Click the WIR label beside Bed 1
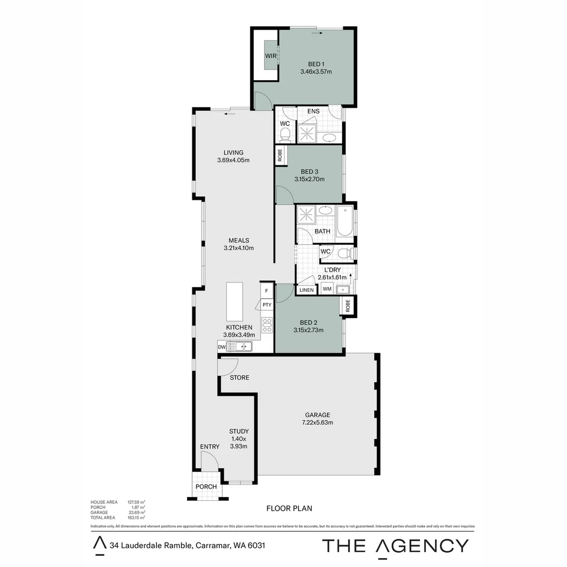click(270, 56)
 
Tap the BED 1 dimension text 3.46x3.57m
click(316, 72)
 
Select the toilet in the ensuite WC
click(285, 135)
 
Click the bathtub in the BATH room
click(345, 221)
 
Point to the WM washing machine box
click(327, 289)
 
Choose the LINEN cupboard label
click(306, 290)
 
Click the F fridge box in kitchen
click(266, 291)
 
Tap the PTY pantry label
click(267, 304)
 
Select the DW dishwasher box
click(222, 347)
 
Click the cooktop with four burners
click(267, 325)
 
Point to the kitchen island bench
click(235, 302)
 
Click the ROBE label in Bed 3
click(280, 154)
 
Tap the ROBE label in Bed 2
click(347, 306)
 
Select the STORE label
click(239, 377)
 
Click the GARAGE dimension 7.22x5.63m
click(317, 422)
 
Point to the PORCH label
click(206, 487)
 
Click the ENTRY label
click(209, 447)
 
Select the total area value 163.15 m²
click(136, 518)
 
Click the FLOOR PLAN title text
click(289, 508)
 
